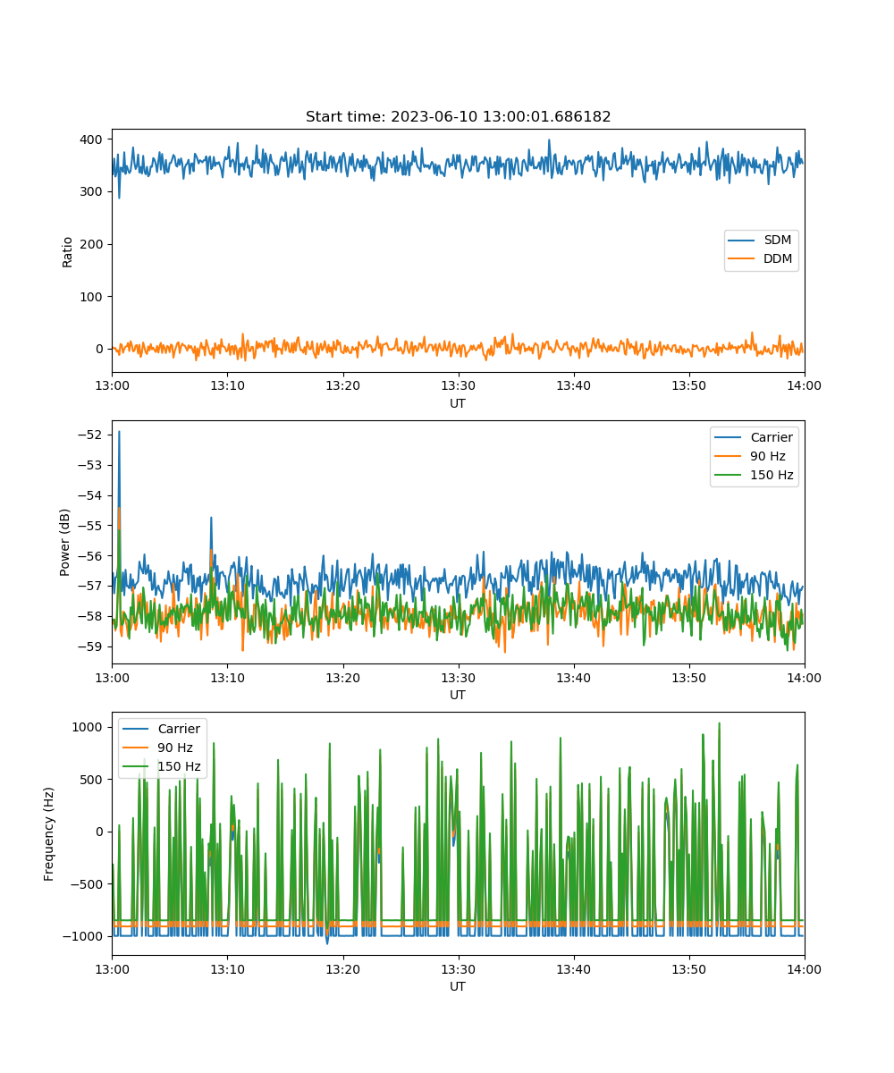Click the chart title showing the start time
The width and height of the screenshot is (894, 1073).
(458, 116)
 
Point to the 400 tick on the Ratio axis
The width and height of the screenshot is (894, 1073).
(91, 139)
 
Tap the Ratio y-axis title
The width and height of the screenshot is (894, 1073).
(67, 252)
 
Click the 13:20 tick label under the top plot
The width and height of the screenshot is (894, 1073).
(342, 385)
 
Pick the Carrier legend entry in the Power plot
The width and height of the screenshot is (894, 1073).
(754, 437)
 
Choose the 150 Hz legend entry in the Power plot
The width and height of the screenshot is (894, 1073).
(754, 475)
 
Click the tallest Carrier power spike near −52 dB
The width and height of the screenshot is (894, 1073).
(119, 432)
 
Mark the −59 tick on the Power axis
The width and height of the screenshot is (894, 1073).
(90, 646)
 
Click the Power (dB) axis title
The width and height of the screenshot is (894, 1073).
(64, 542)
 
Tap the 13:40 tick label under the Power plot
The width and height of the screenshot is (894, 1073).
(573, 678)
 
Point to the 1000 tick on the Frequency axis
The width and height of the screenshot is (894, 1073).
(87, 727)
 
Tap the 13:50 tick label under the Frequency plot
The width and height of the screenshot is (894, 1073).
(689, 969)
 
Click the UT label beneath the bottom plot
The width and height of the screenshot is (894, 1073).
(457, 986)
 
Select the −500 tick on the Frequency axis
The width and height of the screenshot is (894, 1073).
(86, 884)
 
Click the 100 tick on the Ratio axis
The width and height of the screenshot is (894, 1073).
(91, 297)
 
